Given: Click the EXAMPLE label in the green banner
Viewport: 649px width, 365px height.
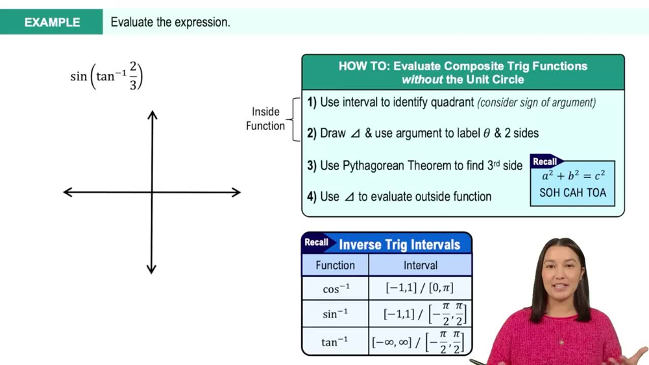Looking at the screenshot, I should click(52, 22).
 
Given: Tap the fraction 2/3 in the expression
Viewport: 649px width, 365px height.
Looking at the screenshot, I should click(133, 76).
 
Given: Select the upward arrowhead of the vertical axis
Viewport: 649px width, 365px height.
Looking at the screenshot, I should click(152, 116).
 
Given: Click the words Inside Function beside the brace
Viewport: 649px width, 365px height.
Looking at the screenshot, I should click(265, 119).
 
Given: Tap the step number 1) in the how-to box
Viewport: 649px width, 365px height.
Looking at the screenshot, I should click(312, 103).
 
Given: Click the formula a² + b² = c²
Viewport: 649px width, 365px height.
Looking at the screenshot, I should click(572, 176).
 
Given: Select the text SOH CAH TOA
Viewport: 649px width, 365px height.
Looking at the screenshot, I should click(572, 193).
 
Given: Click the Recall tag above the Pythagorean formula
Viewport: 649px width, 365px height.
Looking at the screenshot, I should click(545, 161).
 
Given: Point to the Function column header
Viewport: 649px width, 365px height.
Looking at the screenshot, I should click(335, 265).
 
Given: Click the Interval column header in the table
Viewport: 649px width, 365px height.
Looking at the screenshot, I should click(420, 265).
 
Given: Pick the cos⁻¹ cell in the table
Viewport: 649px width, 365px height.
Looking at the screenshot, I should click(335, 288).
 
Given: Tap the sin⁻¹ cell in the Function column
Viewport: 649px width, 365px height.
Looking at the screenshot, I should click(335, 314).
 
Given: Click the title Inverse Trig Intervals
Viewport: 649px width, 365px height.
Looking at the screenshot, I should click(399, 245).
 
